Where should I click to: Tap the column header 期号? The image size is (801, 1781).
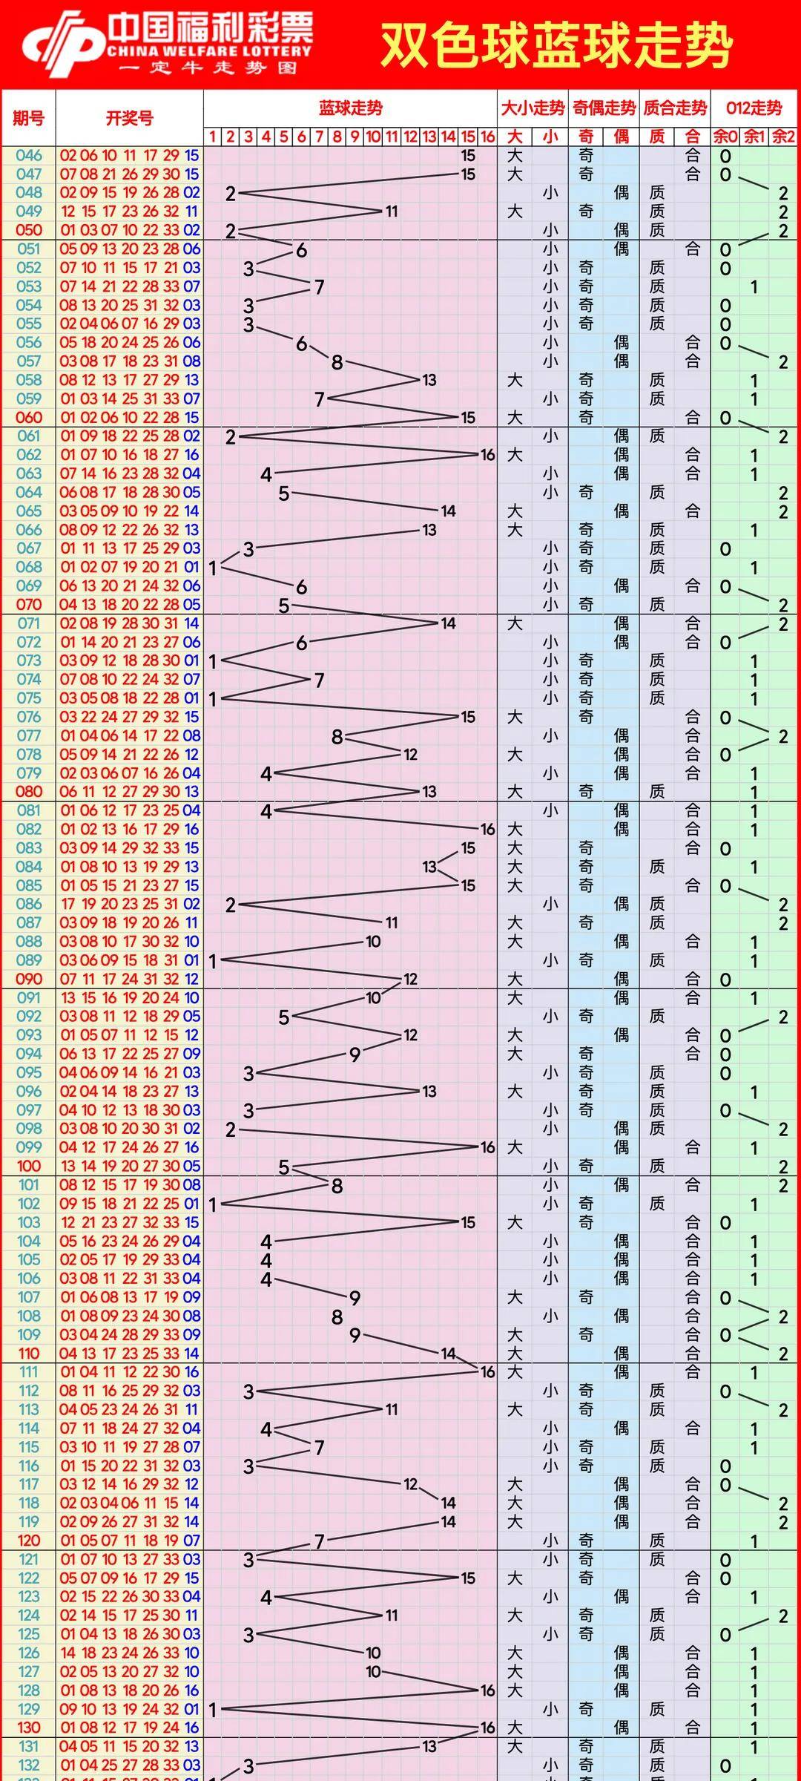point(28,118)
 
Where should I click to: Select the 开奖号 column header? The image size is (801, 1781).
point(129,118)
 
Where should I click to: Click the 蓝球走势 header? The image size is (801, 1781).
point(350,108)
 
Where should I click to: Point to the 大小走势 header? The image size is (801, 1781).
point(533,108)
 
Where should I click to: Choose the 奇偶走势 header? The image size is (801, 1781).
point(604,108)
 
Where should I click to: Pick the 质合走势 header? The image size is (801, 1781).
point(675,108)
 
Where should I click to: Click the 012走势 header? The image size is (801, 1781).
point(754,108)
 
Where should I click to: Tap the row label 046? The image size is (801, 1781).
point(29,156)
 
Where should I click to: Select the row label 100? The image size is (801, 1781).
point(29,1166)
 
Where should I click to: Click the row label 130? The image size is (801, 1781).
point(29,1728)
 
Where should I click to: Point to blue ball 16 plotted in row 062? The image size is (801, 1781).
point(487,455)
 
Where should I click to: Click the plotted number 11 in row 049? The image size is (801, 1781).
point(392,211)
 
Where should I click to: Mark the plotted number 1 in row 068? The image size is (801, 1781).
point(213,568)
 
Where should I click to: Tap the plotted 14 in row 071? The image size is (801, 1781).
point(448,623)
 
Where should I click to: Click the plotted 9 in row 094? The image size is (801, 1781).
point(355,1055)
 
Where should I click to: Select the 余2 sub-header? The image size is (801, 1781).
point(783,137)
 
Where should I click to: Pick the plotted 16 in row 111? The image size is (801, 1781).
point(487,1372)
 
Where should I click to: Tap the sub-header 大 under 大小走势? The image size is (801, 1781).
point(515,137)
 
